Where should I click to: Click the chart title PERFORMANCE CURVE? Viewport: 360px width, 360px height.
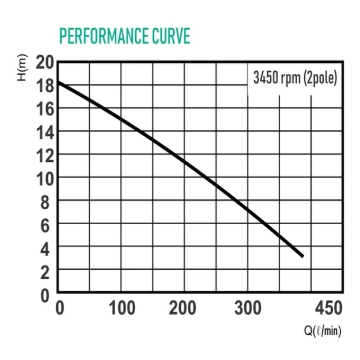125,36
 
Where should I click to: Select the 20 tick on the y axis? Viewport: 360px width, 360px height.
43,62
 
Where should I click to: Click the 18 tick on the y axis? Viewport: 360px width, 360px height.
43,85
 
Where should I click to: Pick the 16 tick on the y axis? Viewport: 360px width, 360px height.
43,108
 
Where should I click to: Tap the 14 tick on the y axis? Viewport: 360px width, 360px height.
43,132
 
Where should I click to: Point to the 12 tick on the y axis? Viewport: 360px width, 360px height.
43,155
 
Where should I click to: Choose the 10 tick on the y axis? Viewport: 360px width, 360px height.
43,179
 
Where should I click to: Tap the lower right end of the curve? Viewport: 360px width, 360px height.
302,256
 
